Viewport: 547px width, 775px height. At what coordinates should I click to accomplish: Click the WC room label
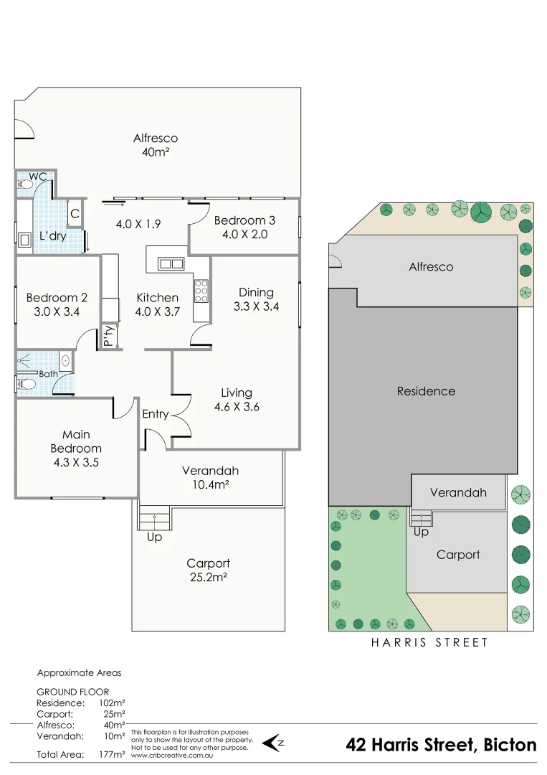[38, 176]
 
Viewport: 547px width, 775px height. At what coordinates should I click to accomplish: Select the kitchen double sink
[171, 263]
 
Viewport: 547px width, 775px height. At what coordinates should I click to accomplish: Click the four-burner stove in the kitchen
[201, 291]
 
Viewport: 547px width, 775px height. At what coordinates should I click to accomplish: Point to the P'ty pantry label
[108, 336]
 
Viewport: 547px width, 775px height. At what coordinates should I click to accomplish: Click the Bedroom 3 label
[244, 220]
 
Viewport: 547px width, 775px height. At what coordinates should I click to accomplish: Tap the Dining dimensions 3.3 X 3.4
[256, 306]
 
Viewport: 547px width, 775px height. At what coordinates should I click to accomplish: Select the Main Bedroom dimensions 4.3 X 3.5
[76, 463]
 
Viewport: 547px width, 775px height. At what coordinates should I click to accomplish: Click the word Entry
[156, 414]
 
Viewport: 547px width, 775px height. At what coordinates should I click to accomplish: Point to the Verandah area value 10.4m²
[210, 485]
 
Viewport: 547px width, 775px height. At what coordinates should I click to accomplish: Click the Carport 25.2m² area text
[208, 577]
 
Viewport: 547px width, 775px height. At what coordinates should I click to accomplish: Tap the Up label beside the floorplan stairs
[154, 537]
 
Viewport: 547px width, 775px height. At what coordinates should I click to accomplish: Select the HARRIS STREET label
[429, 643]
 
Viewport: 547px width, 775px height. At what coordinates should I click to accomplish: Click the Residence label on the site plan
[426, 391]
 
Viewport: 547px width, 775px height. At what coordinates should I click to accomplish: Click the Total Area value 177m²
[113, 754]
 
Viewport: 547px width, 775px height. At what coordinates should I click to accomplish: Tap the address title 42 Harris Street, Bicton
[441, 745]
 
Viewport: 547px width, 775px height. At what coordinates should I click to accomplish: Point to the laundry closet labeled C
[75, 213]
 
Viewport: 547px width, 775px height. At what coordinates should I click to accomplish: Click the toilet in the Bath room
[26, 385]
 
